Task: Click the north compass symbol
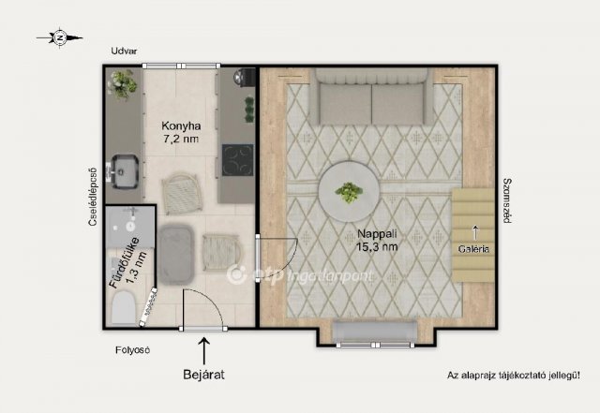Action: (60, 37)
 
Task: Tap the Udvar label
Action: (124, 51)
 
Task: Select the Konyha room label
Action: (181, 125)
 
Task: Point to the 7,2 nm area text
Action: (181, 139)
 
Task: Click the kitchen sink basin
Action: (125, 171)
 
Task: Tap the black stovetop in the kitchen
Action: (237, 160)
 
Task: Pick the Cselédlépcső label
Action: (93, 197)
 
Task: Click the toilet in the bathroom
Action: (124, 307)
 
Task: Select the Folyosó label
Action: (132, 350)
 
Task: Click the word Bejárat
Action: (203, 374)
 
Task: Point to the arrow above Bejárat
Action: (204, 350)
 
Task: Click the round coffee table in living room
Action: (349, 191)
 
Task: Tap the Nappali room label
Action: (377, 233)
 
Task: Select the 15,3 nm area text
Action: (377, 246)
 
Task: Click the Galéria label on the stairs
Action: (473, 249)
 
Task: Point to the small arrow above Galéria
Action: (475, 232)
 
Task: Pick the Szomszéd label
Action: (507, 200)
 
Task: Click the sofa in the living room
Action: (371, 96)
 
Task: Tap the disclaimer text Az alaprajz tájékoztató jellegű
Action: (514, 376)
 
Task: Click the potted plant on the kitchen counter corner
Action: (123, 84)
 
